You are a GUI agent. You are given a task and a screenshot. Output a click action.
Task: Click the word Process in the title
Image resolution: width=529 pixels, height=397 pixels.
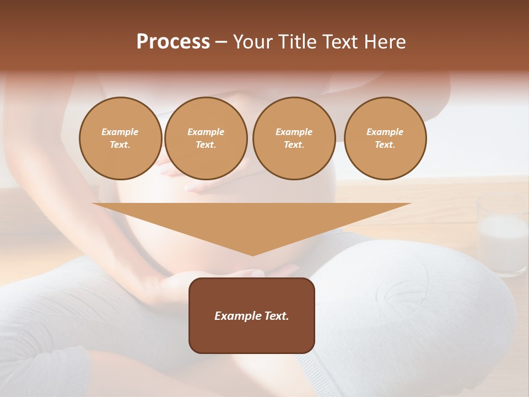tap(173, 42)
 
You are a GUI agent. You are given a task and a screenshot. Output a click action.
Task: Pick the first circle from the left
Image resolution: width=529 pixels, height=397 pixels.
tap(121, 138)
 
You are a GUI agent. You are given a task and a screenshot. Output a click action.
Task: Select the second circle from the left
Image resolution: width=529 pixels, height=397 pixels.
tap(206, 138)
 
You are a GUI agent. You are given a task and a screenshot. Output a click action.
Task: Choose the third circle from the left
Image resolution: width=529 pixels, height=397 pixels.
tap(294, 138)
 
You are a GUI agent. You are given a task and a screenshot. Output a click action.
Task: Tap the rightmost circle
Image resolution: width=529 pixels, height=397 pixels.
tap(385, 138)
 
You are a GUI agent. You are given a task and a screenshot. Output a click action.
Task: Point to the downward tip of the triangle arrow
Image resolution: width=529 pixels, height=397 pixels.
tap(252, 254)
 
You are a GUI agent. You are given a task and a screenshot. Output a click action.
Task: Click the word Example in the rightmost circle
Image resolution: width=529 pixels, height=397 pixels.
tap(385, 132)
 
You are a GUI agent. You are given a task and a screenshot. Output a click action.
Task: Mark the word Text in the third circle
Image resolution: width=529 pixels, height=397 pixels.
tap(293, 145)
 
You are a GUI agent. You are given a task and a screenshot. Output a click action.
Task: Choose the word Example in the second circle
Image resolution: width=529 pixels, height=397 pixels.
tap(206, 132)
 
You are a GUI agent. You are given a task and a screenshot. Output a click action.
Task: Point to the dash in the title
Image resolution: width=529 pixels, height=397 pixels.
tap(222, 42)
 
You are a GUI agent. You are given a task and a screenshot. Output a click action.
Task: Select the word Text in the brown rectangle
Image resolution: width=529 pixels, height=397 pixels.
tap(276, 316)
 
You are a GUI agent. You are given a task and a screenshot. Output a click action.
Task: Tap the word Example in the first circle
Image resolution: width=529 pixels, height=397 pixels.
tap(120, 132)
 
